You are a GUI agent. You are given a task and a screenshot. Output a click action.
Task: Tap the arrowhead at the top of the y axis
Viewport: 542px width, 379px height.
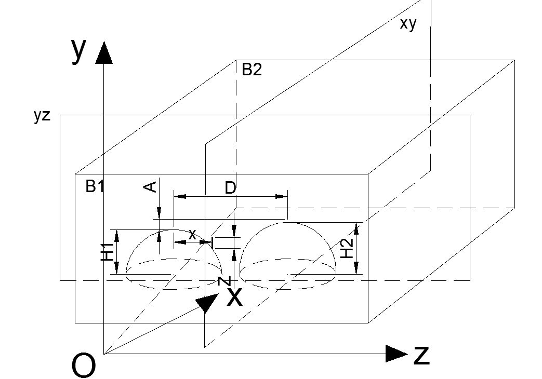point(104,52)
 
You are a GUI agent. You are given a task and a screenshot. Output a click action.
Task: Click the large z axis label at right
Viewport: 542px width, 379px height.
point(422,355)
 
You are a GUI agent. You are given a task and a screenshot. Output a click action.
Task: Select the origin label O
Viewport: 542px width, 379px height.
point(83,366)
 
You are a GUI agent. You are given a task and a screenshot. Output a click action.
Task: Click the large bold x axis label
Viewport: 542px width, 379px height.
point(235,296)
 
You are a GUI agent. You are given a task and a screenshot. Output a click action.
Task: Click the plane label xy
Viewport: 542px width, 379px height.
point(408,24)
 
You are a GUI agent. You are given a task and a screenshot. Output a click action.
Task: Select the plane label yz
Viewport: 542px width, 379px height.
point(42,115)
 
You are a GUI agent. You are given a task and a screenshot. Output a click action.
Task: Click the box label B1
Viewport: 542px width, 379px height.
point(95,186)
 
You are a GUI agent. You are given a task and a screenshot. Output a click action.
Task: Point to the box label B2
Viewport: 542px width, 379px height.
point(252,70)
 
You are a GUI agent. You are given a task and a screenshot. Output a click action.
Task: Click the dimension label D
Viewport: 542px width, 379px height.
point(230,188)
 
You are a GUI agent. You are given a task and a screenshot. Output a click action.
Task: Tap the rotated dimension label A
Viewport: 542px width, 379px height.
point(150,187)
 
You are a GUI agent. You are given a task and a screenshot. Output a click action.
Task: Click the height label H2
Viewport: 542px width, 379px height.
point(347,248)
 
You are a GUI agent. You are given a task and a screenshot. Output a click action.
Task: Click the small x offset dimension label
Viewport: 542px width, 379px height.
point(192,235)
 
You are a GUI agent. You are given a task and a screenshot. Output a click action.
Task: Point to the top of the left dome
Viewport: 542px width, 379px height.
point(174,230)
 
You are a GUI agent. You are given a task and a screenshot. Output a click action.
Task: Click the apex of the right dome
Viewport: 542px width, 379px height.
point(287,223)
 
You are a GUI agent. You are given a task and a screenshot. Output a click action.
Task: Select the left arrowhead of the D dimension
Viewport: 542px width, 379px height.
point(180,197)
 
